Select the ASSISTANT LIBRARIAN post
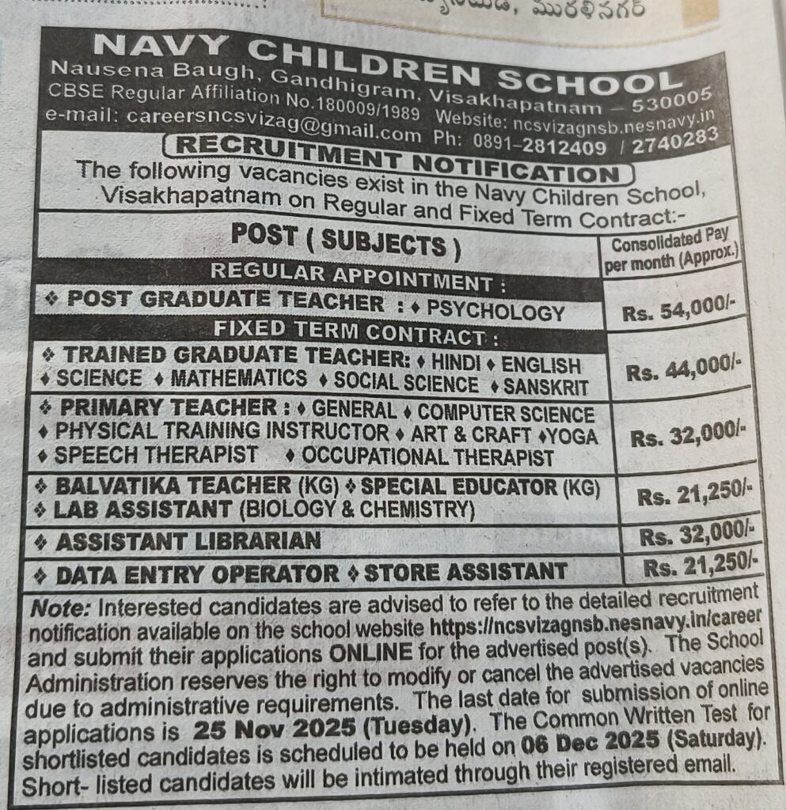188,541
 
